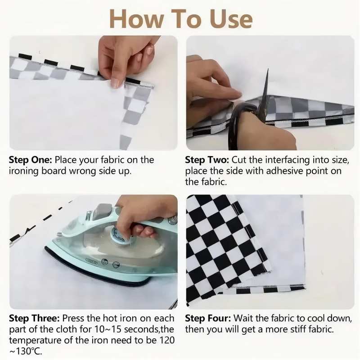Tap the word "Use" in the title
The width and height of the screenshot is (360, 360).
pos(231,19)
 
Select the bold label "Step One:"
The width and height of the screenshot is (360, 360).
pos(31,160)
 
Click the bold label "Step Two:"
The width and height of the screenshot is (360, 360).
pos(207,160)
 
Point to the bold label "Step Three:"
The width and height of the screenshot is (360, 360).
pos(34,319)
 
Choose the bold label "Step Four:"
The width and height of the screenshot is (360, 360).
pos(208,319)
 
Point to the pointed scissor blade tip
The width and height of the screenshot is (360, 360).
pos(268,69)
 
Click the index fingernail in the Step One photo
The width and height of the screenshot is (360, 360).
pos(116,83)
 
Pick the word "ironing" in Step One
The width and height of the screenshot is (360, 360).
pos(24,171)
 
